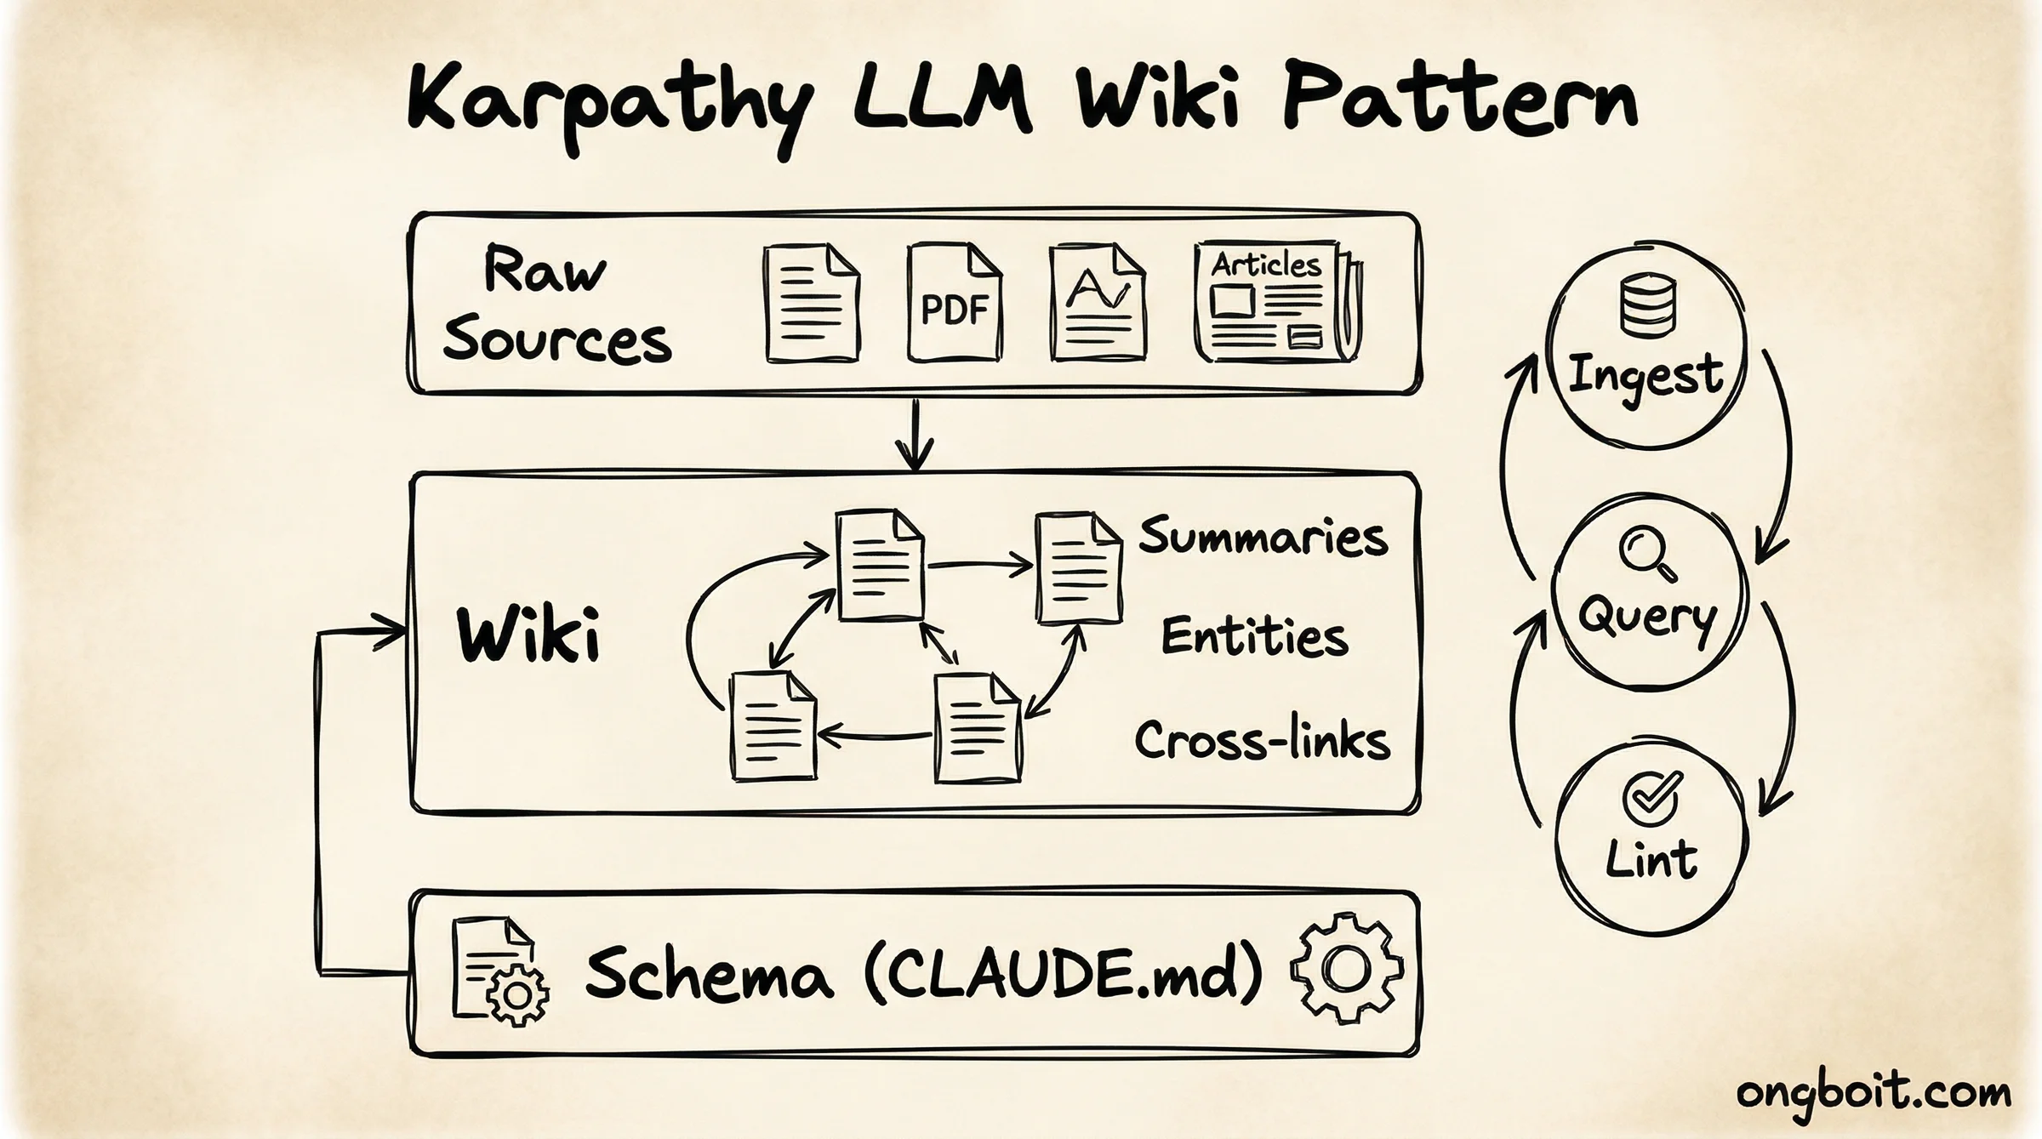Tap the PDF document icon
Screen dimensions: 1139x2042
(x=954, y=304)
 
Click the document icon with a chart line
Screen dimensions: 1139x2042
(x=1097, y=304)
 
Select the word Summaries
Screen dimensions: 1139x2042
(x=1263, y=538)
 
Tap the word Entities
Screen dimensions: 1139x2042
(x=1255, y=638)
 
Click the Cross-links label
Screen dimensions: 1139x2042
(x=1262, y=740)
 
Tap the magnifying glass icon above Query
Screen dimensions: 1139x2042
(x=1647, y=554)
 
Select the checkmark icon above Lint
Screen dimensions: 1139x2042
(x=1651, y=798)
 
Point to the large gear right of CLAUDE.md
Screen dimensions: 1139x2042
(x=1346, y=970)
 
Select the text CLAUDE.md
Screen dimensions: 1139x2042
(x=1064, y=974)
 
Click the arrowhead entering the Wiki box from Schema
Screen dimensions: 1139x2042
(x=393, y=631)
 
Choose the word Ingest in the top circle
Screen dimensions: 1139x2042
(x=1646, y=376)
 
